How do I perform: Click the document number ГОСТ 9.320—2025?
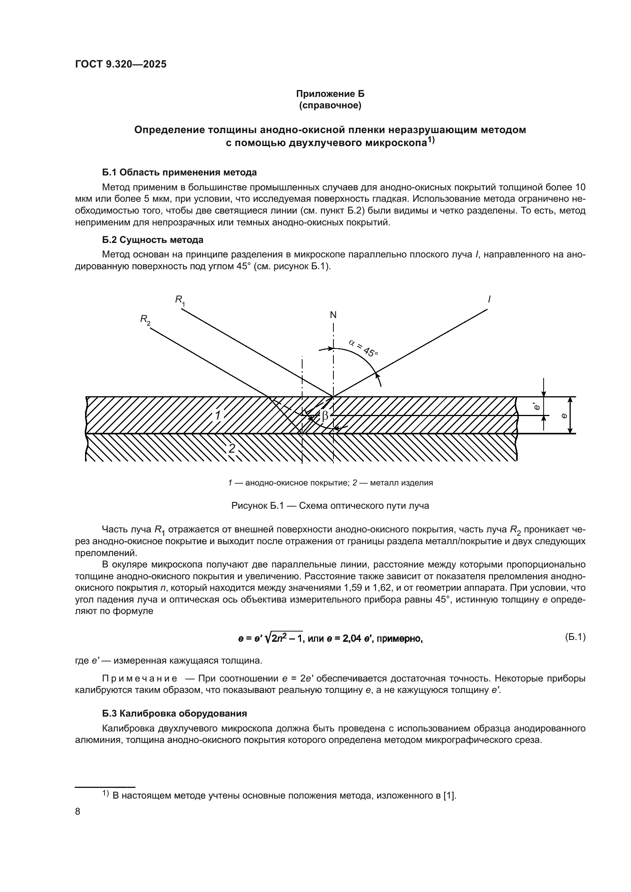coord(121,64)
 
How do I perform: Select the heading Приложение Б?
coord(330,94)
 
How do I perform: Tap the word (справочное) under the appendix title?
coord(330,105)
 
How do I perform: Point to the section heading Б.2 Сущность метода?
coord(153,240)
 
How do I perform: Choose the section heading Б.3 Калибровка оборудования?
coord(174,713)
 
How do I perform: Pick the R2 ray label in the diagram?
coord(145,320)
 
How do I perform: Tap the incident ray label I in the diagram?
coord(489,299)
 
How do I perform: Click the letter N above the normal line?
coord(333,315)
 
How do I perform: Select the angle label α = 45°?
coord(363,348)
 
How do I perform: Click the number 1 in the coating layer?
coord(218,415)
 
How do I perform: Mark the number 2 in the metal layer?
coord(232,448)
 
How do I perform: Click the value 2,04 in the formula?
coord(351,638)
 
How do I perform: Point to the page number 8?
coord(78,811)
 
